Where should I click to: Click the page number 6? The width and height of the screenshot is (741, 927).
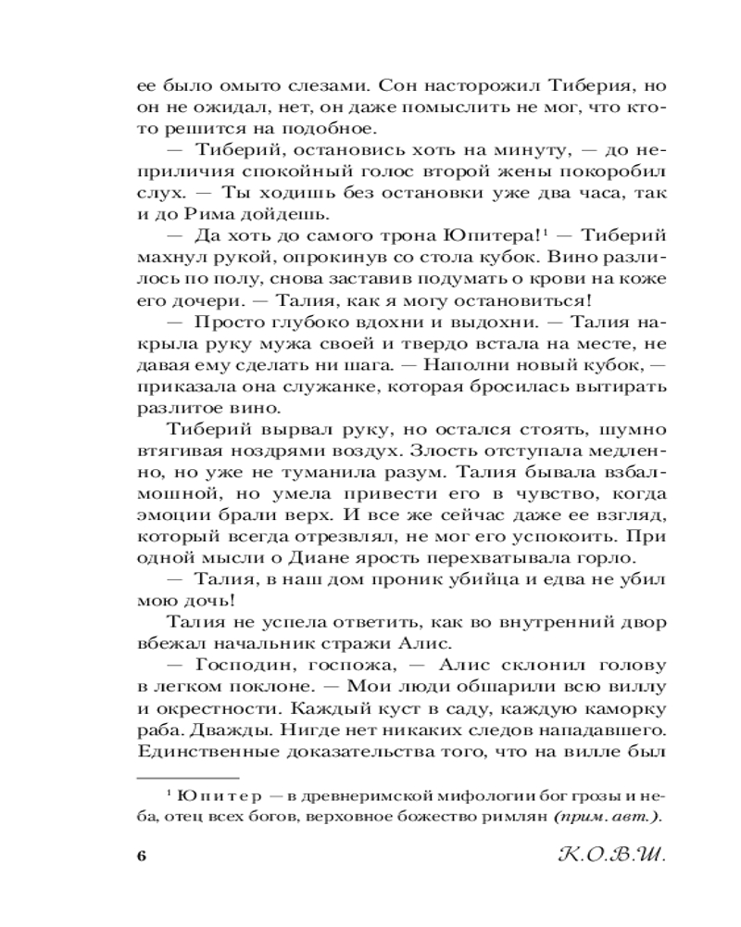point(142,856)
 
